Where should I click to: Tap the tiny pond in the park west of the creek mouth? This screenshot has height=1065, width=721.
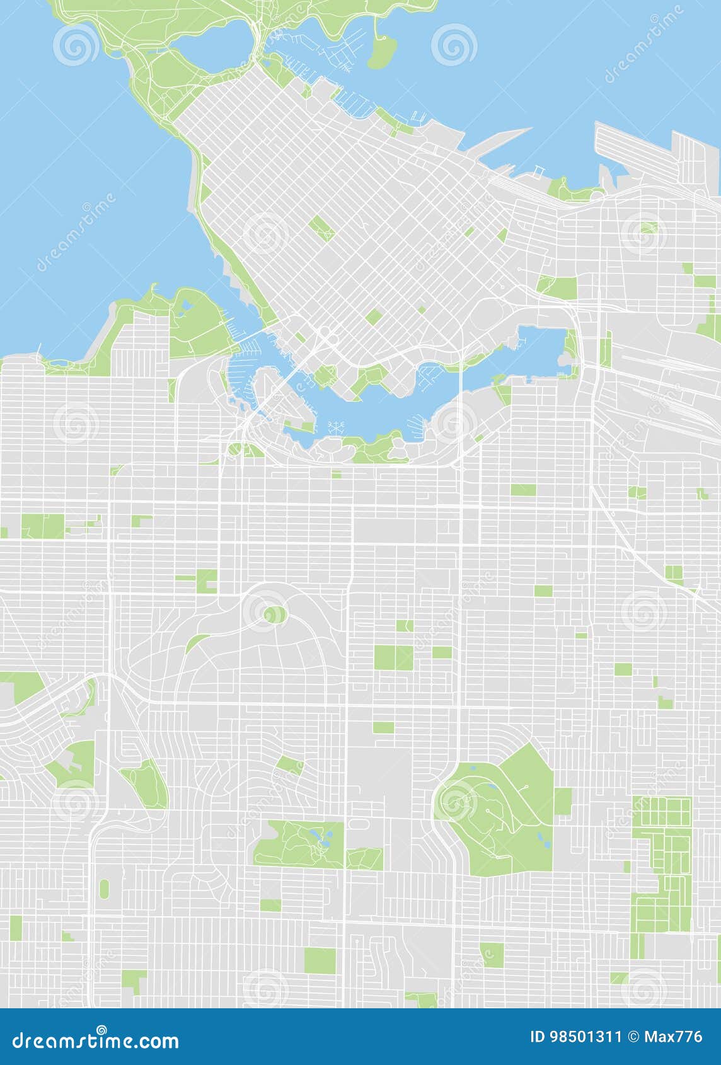coord(185,308)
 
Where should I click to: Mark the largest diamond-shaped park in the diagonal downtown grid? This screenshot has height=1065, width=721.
coord(321,228)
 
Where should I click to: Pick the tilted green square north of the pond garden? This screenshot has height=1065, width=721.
coord(290,765)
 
